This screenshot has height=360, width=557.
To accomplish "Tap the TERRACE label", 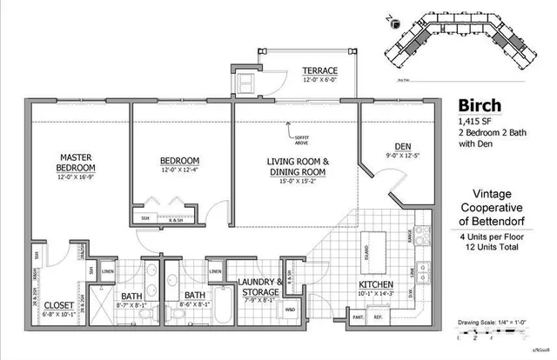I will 320,70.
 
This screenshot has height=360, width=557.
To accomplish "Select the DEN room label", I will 403,146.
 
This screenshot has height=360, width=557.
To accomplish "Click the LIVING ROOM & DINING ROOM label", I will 297,167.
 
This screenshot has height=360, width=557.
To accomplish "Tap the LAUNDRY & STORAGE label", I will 259,288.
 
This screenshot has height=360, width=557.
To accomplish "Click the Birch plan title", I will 480,102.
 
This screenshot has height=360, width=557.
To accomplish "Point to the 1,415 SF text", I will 473,120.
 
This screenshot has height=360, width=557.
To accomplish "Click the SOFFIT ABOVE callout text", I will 300,136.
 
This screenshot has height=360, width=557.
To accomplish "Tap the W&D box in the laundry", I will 290,309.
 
